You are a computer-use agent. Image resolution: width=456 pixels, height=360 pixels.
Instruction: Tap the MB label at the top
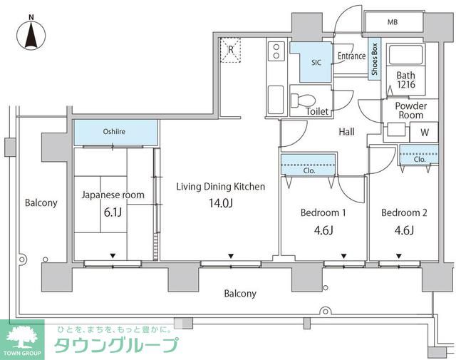[392, 23]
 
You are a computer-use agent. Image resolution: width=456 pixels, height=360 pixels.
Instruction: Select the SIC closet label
[316, 62]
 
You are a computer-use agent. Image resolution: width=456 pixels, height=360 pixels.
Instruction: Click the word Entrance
[351, 56]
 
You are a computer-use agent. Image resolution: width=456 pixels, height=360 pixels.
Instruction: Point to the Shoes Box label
[374, 60]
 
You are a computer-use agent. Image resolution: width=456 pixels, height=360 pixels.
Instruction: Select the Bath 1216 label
[405, 80]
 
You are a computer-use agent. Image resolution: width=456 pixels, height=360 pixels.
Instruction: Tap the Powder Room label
[411, 110]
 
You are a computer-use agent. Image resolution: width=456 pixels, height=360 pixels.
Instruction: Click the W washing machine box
[424, 132]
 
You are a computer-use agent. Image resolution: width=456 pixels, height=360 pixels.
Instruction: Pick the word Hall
[346, 131]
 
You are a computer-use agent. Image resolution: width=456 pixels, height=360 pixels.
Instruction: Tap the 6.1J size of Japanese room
[113, 211]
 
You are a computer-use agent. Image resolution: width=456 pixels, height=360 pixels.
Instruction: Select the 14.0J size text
[221, 203]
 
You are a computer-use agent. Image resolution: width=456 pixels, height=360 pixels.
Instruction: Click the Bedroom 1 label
[323, 212]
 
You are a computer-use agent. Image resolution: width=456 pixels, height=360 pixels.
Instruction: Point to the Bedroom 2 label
[404, 212]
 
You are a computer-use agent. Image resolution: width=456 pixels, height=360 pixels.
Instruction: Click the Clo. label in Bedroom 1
[309, 171]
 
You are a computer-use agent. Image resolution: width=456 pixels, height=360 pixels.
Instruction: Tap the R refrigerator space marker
[232, 49]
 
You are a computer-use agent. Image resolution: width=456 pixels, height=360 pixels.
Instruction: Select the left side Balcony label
[41, 203]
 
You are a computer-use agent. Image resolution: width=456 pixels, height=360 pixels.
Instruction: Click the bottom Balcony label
[240, 293]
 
